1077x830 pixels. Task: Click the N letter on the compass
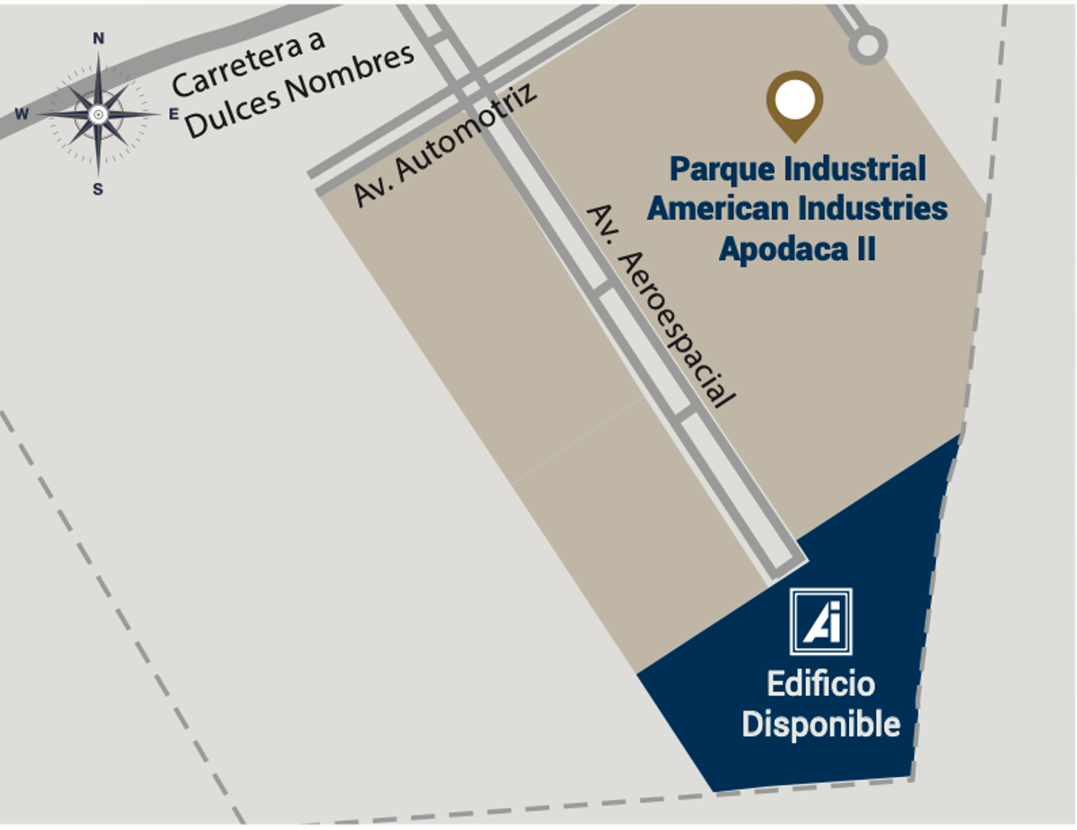(99, 39)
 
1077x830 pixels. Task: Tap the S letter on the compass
(98, 189)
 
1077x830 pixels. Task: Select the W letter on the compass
(22, 114)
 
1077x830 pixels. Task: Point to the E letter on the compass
(173, 115)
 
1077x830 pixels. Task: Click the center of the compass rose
(98, 115)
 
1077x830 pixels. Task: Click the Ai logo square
(821, 622)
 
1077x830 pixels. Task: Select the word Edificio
(820, 685)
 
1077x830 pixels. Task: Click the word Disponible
(821, 724)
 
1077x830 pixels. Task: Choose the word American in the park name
(715, 208)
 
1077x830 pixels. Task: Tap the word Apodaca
(784, 249)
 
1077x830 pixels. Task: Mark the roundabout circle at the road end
(868, 46)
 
